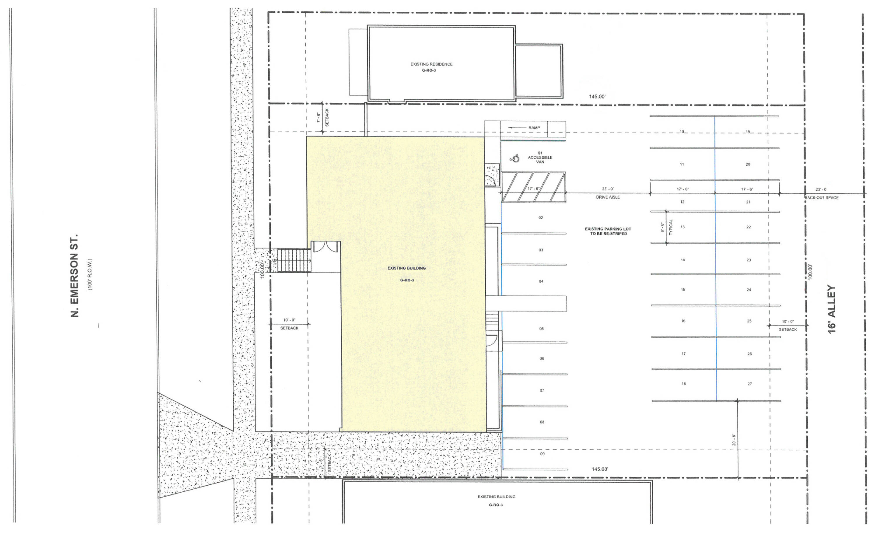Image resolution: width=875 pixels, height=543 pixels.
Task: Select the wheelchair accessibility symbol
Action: (515, 158)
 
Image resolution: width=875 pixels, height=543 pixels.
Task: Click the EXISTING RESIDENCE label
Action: (431, 64)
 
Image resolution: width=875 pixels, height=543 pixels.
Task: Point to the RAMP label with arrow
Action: (524, 128)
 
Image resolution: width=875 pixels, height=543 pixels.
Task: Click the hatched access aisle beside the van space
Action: (533, 187)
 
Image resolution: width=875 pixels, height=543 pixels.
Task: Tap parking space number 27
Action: (750, 384)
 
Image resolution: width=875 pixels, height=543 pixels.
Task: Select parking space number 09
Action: (542, 454)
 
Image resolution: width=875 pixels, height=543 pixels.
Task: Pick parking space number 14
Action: (683, 260)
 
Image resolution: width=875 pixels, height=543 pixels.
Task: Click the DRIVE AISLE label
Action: (608, 197)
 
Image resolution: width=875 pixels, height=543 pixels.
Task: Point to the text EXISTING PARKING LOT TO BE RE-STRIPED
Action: (608, 231)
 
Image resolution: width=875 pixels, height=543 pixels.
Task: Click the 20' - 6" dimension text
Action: (734, 440)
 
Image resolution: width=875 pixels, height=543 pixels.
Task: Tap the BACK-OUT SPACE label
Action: (822, 197)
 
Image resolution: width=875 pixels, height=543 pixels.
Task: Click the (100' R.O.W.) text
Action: (90, 274)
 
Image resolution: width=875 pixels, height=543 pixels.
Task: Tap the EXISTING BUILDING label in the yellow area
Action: (407, 268)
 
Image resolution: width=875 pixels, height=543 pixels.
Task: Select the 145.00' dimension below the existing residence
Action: (597, 97)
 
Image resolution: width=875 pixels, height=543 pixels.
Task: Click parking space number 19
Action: (748, 132)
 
